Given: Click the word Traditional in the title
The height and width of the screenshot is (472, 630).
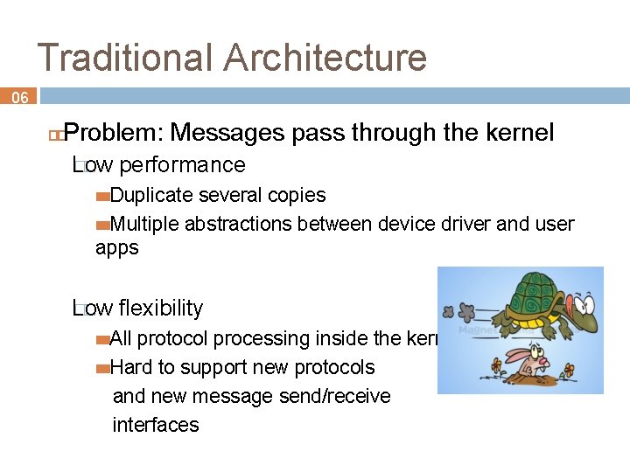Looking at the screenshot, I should coord(125,58).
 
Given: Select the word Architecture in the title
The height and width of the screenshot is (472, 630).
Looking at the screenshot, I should coord(325,58).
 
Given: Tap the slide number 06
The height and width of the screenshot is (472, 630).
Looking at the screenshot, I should coord(19,98).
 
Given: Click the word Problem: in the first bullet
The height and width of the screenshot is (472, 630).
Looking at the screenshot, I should coord(114,133).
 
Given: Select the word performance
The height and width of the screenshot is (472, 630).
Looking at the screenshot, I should coord(182,165).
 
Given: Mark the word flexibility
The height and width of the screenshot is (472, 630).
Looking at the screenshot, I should coord(160,309).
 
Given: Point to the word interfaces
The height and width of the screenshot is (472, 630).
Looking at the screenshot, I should coord(156,425).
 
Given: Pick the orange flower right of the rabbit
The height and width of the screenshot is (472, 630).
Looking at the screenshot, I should coord(570,370).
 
